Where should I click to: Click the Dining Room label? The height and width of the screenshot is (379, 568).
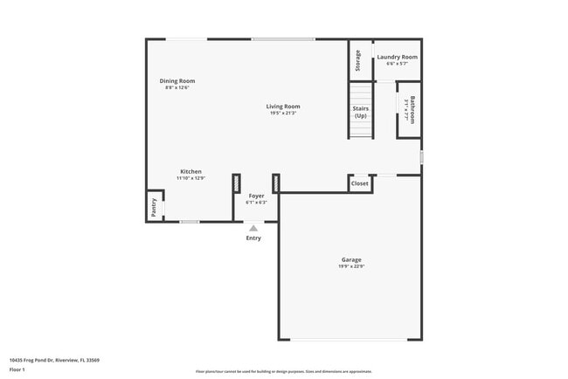coord(177,81)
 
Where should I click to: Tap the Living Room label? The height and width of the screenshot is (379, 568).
coord(283,107)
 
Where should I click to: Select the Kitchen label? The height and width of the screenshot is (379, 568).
coord(190,171)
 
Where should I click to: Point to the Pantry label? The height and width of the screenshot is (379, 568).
coord(154,207)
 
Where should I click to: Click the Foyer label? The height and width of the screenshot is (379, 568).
coord(256,196)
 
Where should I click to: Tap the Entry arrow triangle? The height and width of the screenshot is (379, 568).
coord(253,228)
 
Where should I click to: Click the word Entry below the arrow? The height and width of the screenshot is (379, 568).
coord(253,238)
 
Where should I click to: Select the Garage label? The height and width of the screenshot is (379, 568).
coord(351,259)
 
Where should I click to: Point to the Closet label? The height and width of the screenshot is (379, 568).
coord(359,183)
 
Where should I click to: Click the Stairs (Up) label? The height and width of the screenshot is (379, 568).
coord(360,112)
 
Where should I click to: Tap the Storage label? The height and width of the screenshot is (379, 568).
coord(358,60)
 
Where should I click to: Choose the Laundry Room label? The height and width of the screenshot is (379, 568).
coord(397,57)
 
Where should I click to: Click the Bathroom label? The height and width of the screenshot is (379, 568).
coord(412,109)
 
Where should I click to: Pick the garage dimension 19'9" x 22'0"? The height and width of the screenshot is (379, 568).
coord(351,266)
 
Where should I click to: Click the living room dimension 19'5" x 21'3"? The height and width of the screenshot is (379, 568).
coord(283,114)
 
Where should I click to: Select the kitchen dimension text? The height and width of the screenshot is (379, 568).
coord(190,178)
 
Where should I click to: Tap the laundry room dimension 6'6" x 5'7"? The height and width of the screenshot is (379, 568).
coord(397,64)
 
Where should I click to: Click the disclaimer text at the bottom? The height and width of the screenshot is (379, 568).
coord(283,371)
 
